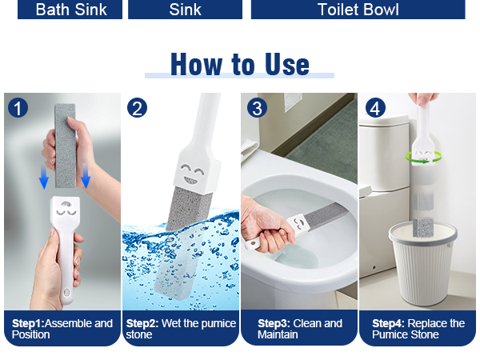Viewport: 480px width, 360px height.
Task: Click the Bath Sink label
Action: (x=70, y=9)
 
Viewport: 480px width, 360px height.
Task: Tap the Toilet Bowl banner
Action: (x=358, y=9)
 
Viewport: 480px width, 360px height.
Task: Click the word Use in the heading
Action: (x=287, y=64)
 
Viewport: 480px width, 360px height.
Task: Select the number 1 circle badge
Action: (x=18, y=108)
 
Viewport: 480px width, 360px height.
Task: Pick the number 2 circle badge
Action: (x=137, y=108)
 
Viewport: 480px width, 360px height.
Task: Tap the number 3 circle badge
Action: (x=257, y=108)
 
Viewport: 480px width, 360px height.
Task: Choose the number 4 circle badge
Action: (x=375, y=108)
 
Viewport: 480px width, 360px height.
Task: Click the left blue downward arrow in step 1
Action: (x=44, y=177)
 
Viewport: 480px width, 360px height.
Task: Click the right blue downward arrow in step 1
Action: (x=86, y=176)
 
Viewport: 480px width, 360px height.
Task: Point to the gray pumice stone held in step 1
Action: (x=66, y=146)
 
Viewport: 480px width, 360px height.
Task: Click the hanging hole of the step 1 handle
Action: (x=66, y=294)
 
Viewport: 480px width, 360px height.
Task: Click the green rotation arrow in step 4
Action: (x=423, y=158)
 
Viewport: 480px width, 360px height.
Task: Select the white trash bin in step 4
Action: (x=422, y=263)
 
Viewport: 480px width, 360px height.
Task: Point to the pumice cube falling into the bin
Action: (x=422, y=226)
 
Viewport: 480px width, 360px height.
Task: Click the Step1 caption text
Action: (x=62, y=329)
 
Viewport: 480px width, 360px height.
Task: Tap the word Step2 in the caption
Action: (x=142, y=323)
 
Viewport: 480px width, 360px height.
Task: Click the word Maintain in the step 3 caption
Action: (x=278, y=334)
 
